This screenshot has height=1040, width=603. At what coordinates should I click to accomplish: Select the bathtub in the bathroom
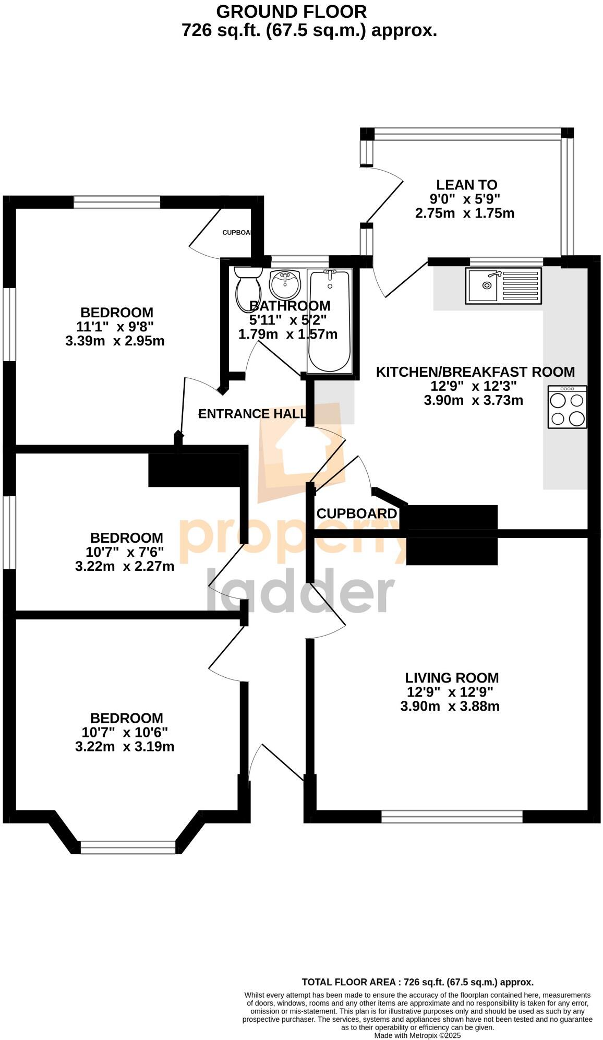[329, 321]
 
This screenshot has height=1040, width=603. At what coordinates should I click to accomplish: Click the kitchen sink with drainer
[503, 285]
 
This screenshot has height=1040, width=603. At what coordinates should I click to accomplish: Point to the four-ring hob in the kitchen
[567, 407]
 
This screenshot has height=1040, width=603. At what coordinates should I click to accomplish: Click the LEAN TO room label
[466, 185]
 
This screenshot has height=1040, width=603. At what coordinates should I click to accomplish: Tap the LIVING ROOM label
[452, 678]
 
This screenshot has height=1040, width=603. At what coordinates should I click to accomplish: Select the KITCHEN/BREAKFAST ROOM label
[475, 372]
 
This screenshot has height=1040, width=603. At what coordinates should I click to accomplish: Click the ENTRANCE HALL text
[252, 414]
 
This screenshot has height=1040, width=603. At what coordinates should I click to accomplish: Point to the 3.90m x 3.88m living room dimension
[450, 707]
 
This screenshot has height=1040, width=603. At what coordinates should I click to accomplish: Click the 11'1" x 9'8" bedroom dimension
[115, 327]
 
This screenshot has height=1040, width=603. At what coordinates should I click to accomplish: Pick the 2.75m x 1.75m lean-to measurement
[464, 213]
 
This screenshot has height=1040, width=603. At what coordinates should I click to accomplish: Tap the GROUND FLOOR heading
[291, 11]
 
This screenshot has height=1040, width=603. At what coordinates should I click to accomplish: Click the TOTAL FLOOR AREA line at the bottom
[417, 982]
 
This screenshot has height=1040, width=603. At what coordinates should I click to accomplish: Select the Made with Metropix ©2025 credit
[417, 1035]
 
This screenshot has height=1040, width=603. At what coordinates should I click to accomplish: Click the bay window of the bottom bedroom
[128, 847]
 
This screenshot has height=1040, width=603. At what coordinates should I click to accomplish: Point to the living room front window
[452, 817]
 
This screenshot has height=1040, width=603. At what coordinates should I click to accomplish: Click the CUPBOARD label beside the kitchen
[357, 513]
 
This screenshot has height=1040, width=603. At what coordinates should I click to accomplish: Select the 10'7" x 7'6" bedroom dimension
[125, 552]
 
